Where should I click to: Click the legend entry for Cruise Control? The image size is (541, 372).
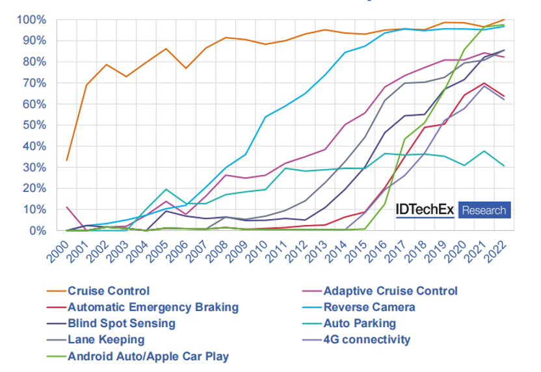coord(109,291)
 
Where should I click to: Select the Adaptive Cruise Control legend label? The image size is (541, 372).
coord(390,291)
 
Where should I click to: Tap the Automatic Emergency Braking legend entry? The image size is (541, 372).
coord(153,307)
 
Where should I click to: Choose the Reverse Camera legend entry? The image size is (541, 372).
coord(369,307)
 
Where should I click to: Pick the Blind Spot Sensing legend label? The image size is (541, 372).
coord(121,323)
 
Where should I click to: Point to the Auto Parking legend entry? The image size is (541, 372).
coord(360,323)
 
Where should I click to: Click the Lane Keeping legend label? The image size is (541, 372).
coord(106,339)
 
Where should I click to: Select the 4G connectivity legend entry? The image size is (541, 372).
coord(367,339)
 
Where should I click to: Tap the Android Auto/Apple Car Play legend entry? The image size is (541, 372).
coord(148,356)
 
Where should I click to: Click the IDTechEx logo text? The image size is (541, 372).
coord(426,210)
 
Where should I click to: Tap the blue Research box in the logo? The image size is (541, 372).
coord(484,210)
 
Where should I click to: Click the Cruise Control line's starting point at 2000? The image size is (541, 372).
coord(67,160)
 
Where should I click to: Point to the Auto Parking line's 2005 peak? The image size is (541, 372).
coord(166,189)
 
